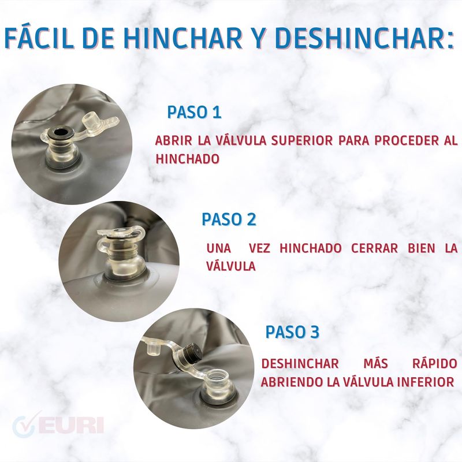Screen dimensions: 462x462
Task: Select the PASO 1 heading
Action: (x=194, y=112)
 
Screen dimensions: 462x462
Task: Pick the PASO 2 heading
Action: (x=229, y=219)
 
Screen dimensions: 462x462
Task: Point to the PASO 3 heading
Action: (x=292, y=332)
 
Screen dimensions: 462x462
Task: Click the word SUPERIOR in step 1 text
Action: (x=302, y=141)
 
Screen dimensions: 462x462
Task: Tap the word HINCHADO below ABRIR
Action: (x=187, y=159)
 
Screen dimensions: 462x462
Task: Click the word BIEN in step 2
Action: (x=422, y=248)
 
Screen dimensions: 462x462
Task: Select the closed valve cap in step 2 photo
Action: (x=121, y=232)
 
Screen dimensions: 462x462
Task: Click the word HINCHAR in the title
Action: (x=182, y=38)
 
